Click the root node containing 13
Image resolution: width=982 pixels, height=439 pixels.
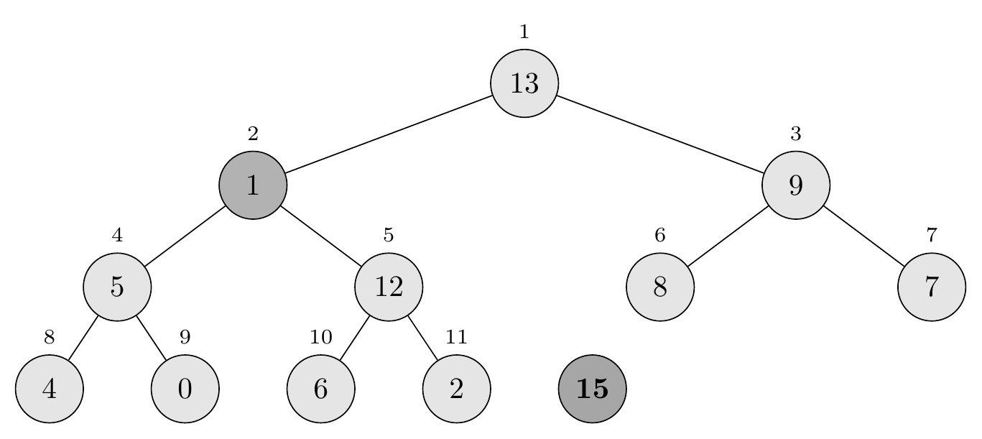(524, 83)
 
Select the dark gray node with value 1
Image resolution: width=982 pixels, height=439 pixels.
(253, 185)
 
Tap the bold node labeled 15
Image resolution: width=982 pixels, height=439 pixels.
(593, 389)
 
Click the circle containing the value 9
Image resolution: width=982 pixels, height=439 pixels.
(796, 185)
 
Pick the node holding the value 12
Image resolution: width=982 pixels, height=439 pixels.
(389, 287)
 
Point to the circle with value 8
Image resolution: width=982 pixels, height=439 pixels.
(660, 287)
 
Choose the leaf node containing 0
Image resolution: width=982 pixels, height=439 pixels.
(185, 389)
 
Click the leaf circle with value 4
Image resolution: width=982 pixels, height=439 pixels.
(49, 389)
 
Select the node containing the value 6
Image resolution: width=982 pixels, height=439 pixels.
(320, 389)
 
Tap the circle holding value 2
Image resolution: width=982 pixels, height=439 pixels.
(456, 389)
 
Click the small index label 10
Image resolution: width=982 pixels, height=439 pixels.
(320, 337)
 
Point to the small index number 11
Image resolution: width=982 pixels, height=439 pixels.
(456, 337)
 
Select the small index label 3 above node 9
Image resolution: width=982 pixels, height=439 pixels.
(795, 134)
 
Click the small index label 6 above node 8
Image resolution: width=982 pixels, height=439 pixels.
(660, 235)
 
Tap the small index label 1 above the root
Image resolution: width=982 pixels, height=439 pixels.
(524, 32)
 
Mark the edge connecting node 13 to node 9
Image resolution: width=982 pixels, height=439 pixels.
(660, 134)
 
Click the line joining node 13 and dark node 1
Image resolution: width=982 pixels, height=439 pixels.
(389, 134)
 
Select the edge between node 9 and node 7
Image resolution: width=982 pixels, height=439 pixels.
(863, 236)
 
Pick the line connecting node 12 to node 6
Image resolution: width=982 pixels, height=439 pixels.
(354, 338)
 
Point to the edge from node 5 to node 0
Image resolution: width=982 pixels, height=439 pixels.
(151, 338)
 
